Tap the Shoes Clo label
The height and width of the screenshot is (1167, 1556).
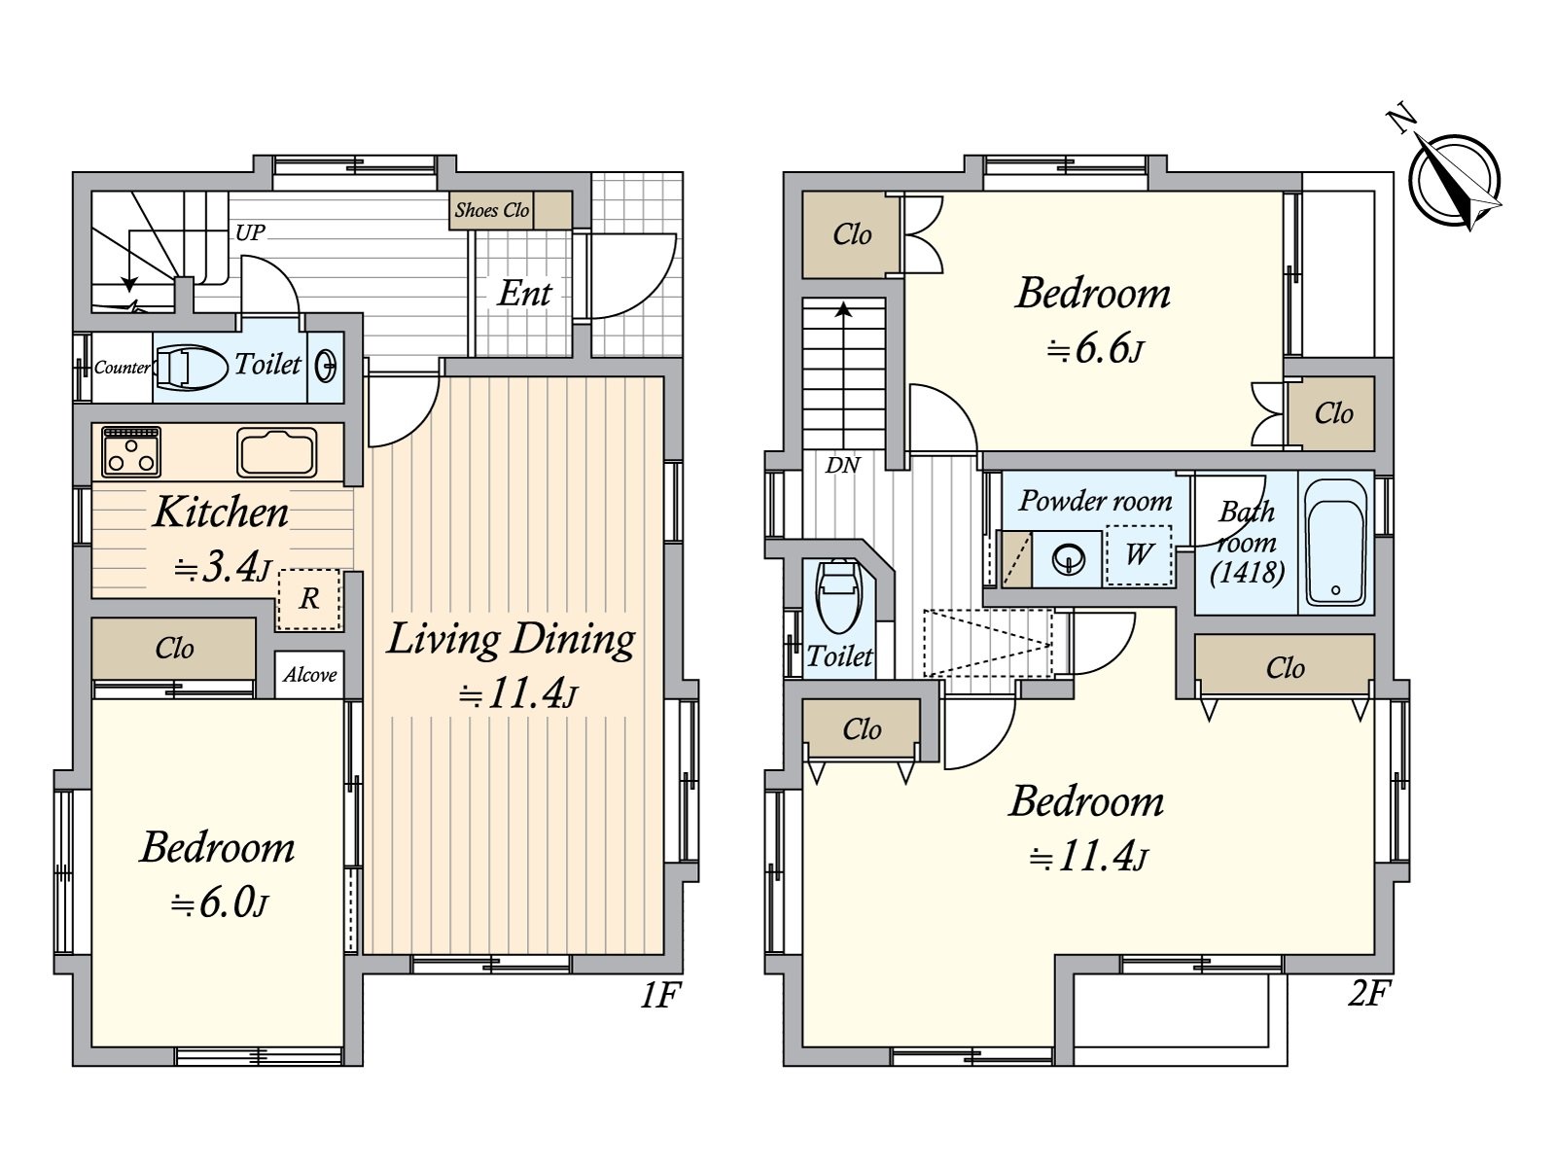click(x=491, y=210)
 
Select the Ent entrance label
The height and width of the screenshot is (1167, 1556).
click(x=524, y=293)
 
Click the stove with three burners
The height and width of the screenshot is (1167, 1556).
click(x=131, y=451)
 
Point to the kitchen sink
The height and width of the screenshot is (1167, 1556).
click(x=276, y=451)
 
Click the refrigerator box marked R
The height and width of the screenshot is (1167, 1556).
click(x=309, y=599)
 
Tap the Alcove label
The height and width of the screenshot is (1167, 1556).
click(x=310, y=675)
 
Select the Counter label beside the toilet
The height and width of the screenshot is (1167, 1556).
click(x=122, y=367)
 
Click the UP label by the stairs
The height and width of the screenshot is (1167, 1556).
click(x=250, y=232)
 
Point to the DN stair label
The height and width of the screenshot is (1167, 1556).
click(x=842, y=466)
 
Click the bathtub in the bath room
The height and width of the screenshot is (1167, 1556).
click(x=1335, y=543)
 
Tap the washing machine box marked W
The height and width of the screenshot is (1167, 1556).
click(x=1139, y=554)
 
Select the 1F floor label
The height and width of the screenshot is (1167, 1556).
click(x=660, y=995)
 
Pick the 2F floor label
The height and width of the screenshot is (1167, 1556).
click(x=1367, y=993)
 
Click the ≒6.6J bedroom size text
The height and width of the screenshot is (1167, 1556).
click(x=1095, y=349)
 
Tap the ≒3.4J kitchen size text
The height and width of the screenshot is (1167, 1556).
click(x=223, y=568)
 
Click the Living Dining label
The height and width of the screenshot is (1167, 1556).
click(x=511, y=638)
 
